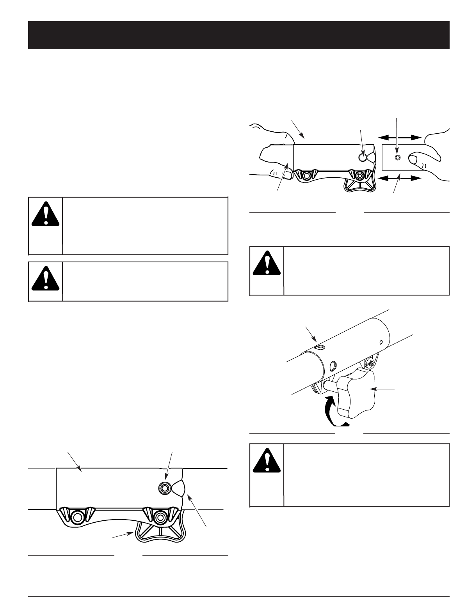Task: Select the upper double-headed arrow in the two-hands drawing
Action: pos(400,137)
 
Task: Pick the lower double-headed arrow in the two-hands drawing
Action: pos(400,178)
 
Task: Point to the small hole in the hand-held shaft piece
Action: pos(398,157)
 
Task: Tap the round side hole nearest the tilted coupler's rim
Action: pos(333,366)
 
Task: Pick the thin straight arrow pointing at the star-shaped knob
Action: pos(385,389)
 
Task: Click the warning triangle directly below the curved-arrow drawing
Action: pos(267,460)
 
